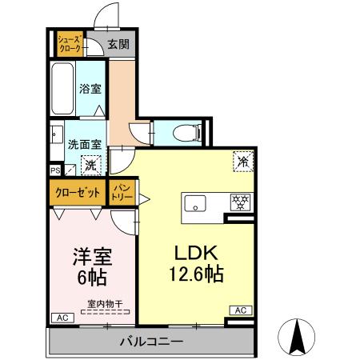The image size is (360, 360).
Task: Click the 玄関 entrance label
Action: pyautogui.click(x=118, y=45)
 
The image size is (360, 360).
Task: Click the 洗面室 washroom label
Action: pyautogui.click(x=84, y=145)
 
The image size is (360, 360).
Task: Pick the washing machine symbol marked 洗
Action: pyautogui.click(x=90, y=166)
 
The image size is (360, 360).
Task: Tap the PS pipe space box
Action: pyautogui.click(x=54, y=170)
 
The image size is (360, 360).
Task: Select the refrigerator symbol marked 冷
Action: pyautogui.click(x=241, y=161)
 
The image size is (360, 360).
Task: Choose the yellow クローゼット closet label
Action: pyautogui.click(x=78, y=192)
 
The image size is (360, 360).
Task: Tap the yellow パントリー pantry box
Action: pyautogui.click(x=122, y=193)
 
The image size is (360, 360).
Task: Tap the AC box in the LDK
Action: pyautogui.click(x=239, y=310)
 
